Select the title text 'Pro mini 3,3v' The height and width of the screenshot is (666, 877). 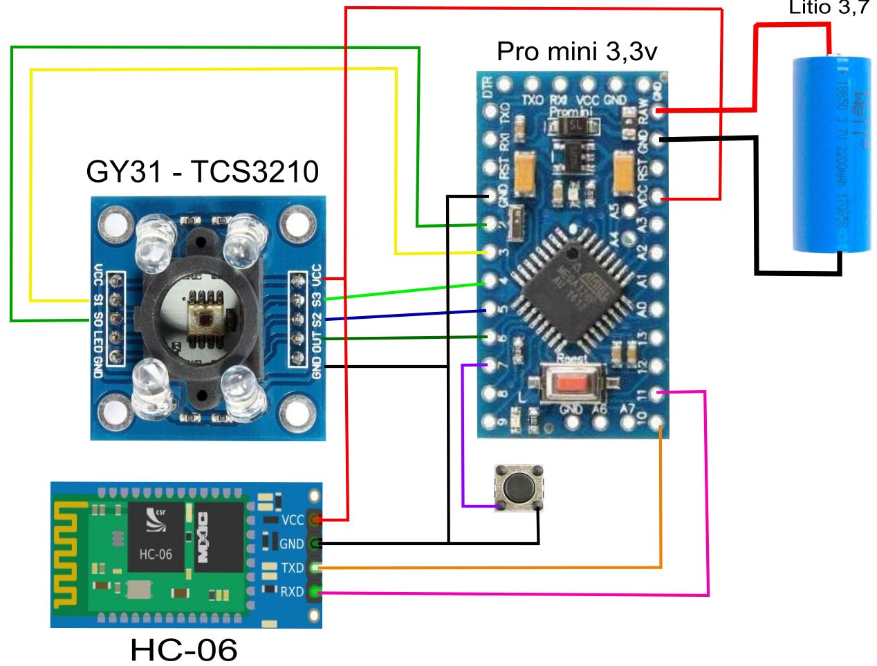point(576,51)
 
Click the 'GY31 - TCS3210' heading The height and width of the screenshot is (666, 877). point(202,172)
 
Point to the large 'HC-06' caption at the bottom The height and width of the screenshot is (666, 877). point(184,649)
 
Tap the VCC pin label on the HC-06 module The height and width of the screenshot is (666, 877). point(293,520)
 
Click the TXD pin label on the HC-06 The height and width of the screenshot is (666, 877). point(292,568)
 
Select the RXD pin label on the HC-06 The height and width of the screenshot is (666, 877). point(291,592)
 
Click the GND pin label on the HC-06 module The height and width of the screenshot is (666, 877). point(291,544)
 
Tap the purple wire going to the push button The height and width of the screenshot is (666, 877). point(463,436)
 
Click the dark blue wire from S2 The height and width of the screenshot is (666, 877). point(401,315)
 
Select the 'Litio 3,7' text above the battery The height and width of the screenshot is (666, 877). point(829,8)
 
